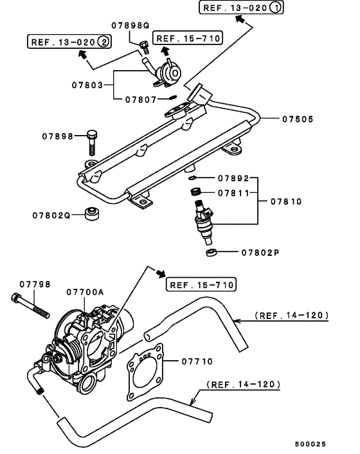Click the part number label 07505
click(x=300, y=118)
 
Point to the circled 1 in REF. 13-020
click(x=273, y=8)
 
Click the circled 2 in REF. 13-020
click(x=104, y=42)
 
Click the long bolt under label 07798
click(x=30, y=305)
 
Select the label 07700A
click(x=85, y=292)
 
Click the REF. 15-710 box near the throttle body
click(x=201, y=284)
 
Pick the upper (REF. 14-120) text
click(x=291, y=316)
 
